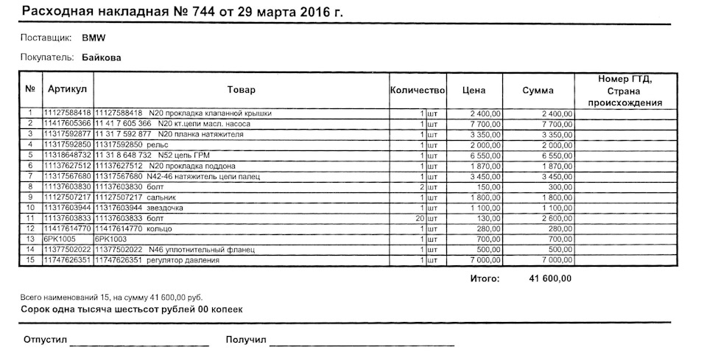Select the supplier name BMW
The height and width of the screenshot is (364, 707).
(92, 38)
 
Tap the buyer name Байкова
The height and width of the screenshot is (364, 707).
(102, 57)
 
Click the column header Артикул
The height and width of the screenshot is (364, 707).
(68, 90)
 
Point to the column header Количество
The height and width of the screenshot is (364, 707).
(418, 90)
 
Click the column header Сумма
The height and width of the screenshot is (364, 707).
(538, 90)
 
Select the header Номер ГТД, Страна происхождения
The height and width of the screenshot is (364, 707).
(626, 90)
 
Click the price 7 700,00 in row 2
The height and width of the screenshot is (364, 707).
(486, 124)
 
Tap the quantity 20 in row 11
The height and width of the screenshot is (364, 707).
(419, 219)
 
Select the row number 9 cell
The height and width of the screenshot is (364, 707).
(30, 197)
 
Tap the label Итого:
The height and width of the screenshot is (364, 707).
(485, 279)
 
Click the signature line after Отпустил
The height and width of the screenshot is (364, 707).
(140, 344)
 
